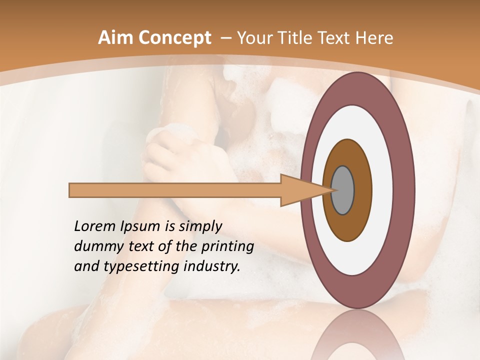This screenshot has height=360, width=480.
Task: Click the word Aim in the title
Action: [114, 38]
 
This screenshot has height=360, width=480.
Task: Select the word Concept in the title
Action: [173, 38]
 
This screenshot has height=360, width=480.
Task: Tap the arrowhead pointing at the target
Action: [300, 190]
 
